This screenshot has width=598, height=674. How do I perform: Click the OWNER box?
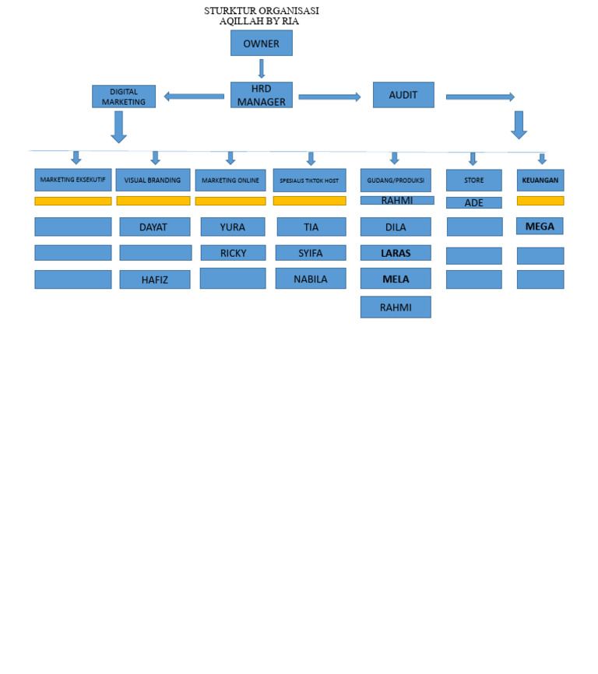[261, 44]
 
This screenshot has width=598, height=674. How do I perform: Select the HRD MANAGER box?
[261, 95]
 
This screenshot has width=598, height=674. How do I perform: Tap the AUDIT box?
[403, 95]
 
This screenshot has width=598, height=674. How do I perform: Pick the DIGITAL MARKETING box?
[123, 97]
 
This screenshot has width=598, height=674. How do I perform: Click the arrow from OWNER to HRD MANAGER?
[262, 68]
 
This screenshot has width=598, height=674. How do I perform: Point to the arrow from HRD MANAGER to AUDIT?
[329, 97]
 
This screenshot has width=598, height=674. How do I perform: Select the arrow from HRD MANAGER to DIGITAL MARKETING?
[194, 97]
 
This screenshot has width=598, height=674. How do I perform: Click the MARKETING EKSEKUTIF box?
[72, 180]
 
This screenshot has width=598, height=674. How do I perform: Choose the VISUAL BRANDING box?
[153, 180]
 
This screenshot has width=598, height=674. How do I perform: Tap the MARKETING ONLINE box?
[230, 181]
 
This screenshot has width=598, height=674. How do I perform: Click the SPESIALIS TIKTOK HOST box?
[309, 181]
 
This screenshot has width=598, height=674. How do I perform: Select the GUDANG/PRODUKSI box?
[395, 181]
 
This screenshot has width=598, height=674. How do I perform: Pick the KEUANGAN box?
[540, 180]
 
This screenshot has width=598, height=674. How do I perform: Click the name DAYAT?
[153, 227]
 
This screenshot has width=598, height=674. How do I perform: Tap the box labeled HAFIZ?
[154, 280]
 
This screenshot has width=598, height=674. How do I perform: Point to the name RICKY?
[233, 253]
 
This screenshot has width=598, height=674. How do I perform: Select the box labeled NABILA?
[310, 279]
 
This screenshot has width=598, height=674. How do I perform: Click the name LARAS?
[396, 253]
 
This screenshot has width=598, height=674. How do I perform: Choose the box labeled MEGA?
[540, 226]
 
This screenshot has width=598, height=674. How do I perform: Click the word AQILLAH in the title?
[241, 21]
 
